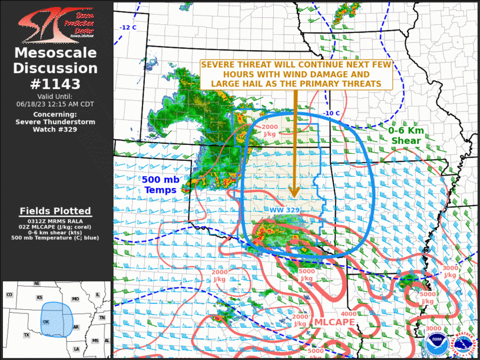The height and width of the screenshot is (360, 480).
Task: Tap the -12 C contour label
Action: point(128,28)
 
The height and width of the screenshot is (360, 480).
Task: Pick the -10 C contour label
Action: point(332,113)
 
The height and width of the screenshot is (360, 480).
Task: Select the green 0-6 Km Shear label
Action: point(405,136)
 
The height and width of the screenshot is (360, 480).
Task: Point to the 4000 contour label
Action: point(347,314)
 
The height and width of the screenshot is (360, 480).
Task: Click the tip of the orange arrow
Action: point(294,197)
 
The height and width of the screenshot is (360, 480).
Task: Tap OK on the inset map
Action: point(47,322)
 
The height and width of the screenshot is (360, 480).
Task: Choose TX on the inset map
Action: point(27,335)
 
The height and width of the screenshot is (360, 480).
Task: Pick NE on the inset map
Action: point(37,283)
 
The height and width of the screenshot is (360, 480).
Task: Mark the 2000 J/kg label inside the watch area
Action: point(270,130)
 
